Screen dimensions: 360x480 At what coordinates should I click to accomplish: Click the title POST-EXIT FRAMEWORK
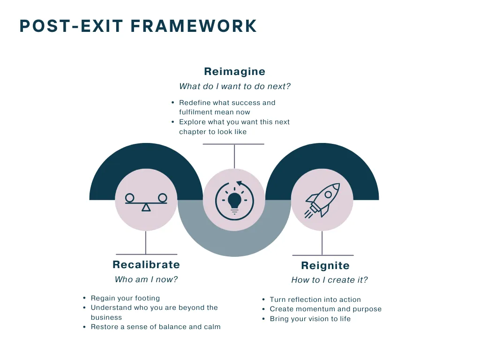tap(138, 26)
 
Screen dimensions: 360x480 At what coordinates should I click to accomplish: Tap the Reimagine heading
tap(234, 72)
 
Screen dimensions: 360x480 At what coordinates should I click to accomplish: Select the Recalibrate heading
tap(146, 265)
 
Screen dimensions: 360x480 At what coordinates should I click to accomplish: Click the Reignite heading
tap(325, 266)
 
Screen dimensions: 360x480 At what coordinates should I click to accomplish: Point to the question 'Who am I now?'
tap(146, 279)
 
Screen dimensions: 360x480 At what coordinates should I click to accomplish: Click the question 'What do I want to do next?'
tap(235, 86)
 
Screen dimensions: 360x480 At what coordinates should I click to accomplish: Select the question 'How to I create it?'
tap(329, 280)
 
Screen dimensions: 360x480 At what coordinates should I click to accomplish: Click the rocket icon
tap(322, 199)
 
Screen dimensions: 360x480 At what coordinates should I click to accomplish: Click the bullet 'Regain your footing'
tap(125, 298)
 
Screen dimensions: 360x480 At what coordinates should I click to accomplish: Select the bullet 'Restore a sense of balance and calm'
tap(155, 327)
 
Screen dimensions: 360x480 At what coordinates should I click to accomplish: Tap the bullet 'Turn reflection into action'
tap(315, 300)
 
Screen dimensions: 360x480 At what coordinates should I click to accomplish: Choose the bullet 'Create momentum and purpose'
tap(325, 309)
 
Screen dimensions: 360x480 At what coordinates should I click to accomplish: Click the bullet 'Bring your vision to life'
tap(310, 319)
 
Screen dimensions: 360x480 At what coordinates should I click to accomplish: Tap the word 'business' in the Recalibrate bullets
tap(106, 317)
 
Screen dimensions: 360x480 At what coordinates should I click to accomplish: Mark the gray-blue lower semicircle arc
tap(234, 244)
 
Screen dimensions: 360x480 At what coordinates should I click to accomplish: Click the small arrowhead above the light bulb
tap(239, 183)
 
